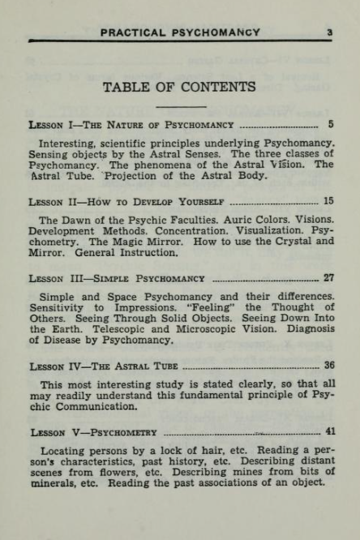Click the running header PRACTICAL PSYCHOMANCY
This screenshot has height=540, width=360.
tap(180, 32)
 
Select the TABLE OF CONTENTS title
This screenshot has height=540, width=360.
tap(180, 87)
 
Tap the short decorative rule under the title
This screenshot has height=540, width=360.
tap(180, 106)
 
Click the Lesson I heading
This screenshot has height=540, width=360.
tap(131, 125)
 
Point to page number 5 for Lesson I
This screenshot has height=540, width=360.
tap(331, 125)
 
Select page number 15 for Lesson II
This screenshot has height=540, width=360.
tap(328, 201)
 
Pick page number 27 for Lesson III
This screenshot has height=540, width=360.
tap(328, 277)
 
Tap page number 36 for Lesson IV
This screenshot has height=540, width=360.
tap(328, 366)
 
